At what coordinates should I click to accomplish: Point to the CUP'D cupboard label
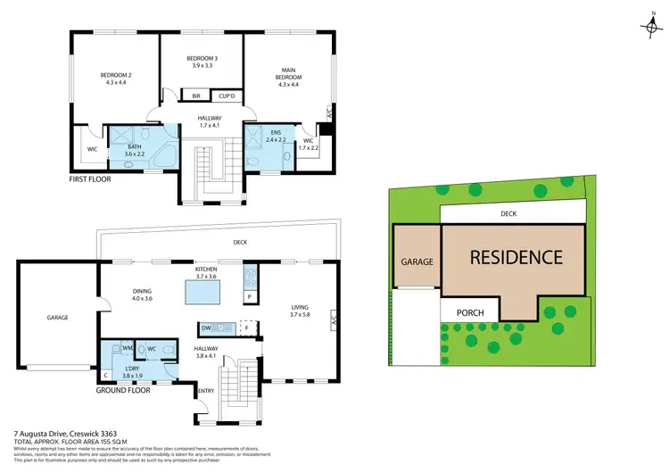tap(227, 95)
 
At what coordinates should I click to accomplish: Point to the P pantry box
tap(250, 295)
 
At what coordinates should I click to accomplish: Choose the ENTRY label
tap(205, 391)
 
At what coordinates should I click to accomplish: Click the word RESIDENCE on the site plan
tap(516, 258)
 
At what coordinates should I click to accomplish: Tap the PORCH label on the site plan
tap(470, 313)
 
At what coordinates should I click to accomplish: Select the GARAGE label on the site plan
tap(416, 262)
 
